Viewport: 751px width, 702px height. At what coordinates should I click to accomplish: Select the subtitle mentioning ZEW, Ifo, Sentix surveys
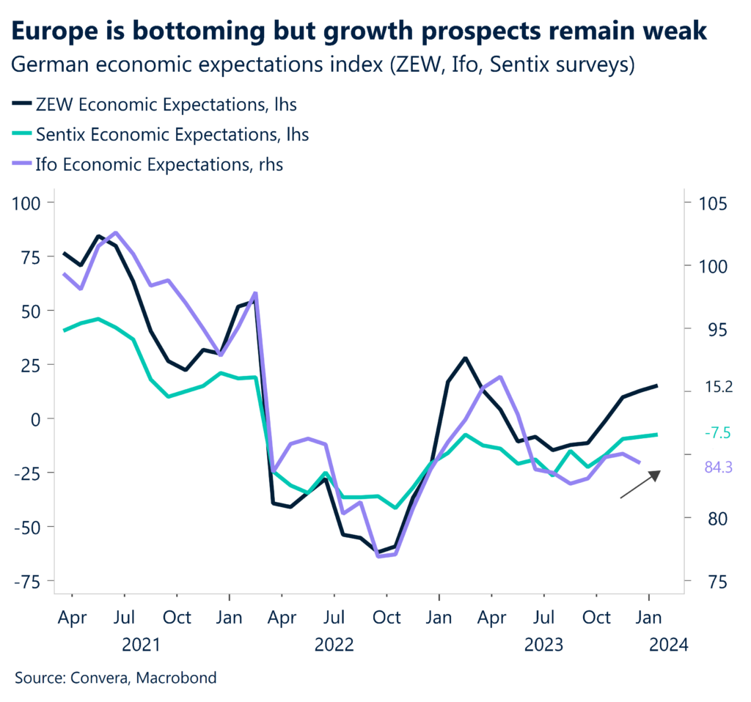pos(323,64)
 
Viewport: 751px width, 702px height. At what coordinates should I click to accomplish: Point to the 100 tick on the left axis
pos(28,202)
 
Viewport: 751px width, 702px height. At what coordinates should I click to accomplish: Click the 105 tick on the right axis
pos(709,202)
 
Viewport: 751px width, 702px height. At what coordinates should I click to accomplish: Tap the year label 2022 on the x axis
pos(334,645)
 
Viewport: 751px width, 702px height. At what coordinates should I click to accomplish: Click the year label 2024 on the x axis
pos(668,645)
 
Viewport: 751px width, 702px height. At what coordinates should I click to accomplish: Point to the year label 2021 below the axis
pos(141,645)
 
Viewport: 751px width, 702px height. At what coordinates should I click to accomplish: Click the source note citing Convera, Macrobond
pos(116,678)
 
